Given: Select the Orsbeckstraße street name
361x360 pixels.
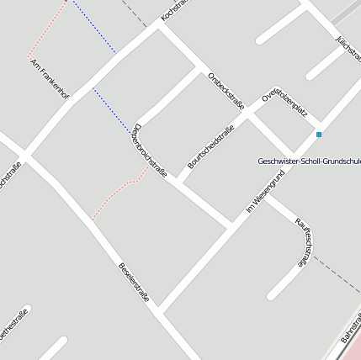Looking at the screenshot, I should point(226,92).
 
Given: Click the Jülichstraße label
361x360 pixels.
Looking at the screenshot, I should point(348,51).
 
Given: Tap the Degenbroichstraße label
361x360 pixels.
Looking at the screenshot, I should point(150,151).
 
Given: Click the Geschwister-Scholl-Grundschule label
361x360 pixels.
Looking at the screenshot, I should point(309,161).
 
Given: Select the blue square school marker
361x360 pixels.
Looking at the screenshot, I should point(319,135).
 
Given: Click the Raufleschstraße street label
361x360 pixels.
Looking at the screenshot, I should point(305,241).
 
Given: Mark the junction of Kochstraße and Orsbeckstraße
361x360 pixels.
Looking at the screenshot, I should point(159,26).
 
